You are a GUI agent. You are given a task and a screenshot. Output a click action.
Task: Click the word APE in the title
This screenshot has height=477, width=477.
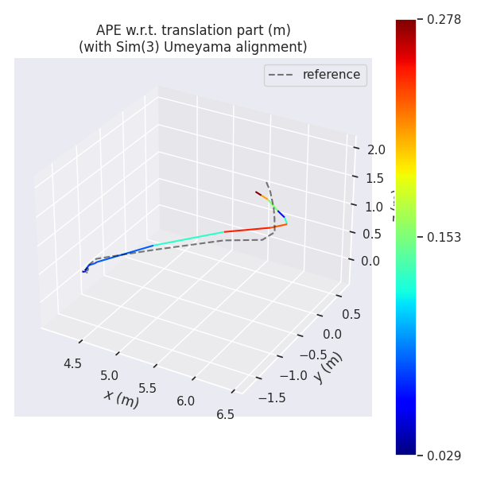[110, 30]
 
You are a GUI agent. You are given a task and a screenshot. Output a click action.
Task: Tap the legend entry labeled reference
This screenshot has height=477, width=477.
[331, 75]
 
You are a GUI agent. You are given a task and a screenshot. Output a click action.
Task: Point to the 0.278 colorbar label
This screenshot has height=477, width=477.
[444, 20]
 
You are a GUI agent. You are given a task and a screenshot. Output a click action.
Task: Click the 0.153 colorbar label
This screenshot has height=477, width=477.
[444, 237]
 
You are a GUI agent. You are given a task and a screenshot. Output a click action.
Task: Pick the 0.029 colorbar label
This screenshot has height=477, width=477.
[444, 456]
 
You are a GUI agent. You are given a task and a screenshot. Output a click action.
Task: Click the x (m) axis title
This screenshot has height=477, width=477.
[121, 398]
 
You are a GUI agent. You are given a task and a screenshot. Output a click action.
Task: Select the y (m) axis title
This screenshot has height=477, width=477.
[328, 367]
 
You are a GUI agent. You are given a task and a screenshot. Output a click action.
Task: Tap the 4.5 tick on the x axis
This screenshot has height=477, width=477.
[72, 363]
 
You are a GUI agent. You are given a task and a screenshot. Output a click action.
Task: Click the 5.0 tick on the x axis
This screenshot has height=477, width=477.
[110, 376]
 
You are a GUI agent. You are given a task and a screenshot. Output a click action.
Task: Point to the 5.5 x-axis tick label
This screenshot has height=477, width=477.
[147, 388]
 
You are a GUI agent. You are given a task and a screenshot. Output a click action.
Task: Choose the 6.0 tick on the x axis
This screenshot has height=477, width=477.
[186, 401]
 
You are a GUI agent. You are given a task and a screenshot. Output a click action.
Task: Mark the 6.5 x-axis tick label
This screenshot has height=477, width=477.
[225, 414]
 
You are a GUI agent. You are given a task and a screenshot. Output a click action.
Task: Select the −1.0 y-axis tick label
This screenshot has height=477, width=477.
[290, 375]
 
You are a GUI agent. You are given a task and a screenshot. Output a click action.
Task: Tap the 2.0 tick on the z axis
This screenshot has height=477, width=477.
[376, 149]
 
